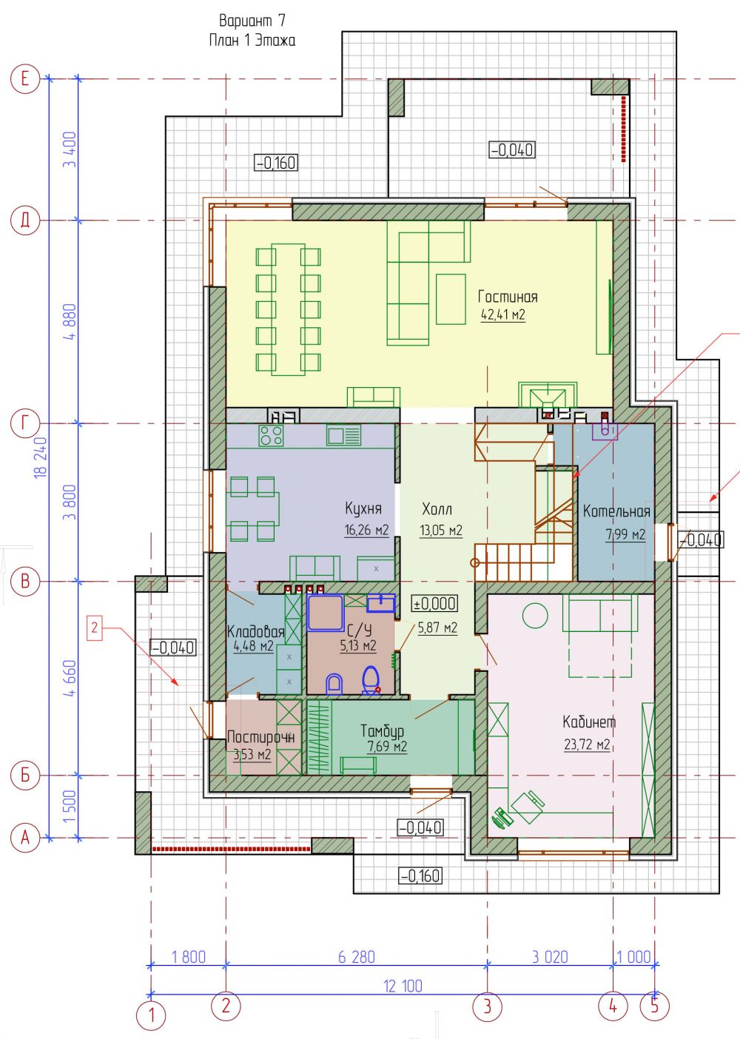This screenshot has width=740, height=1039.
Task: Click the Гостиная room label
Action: point(508,297)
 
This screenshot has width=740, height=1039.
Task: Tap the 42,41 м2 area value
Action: point(503,315)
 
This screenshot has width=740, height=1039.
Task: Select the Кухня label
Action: point(363,508)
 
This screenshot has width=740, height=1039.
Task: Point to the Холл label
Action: point(437,509)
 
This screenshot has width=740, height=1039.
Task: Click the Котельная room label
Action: point(616,511)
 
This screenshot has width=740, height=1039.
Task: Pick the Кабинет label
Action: point(589,722)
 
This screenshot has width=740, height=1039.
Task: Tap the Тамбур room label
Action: point(383,731)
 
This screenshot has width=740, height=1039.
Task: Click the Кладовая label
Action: point(255,631)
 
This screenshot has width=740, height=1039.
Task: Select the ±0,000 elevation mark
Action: point(435,603)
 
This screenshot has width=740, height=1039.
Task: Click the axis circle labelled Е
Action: point(25,78)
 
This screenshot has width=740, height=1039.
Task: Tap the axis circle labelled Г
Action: point(25,423)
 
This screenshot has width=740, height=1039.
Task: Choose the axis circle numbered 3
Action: point(487,1006)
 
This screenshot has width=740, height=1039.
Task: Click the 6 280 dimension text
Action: point(357,957)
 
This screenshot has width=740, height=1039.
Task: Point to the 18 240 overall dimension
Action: point(41,458)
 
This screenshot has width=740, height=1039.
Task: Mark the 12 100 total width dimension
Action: point(403,986)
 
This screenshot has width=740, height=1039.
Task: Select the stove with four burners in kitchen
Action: point(272,436)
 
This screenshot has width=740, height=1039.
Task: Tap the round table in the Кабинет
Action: point(535,616)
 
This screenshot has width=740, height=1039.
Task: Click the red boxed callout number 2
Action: point(95,628)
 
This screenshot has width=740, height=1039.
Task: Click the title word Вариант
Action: point(246,21)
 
